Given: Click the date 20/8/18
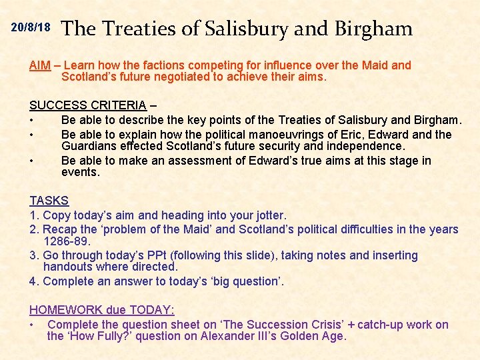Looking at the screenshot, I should [x=31, y=28].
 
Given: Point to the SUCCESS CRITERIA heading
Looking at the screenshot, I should [x=87, y=105].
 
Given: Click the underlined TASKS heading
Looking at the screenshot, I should [x=49, y=201].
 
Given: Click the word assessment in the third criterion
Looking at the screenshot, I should [x=203, y=161].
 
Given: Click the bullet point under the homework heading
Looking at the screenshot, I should [x=32, y=325].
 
